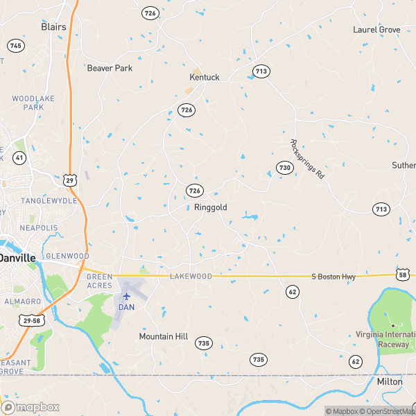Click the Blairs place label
point(53,27)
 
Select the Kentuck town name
point(205,77)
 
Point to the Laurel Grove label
point(376,30)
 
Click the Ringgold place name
point(210,207)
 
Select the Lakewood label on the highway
point(191,276)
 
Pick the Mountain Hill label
point(164,336)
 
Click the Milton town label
point(389,382)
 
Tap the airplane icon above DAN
point(126,295)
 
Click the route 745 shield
point(16,45)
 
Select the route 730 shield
point(284,168)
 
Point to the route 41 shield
point(19,158)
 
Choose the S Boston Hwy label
point(333,277)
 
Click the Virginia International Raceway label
point(390,338)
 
